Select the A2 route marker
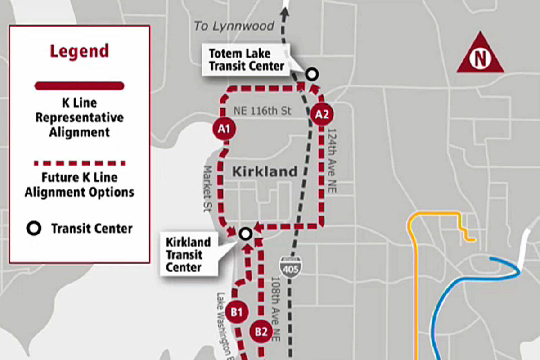click(322, 115)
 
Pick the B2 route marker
click(261, 332)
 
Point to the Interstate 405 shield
click(290, 265)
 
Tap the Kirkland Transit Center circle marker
click(245, 233)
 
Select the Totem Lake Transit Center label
click(246, 60)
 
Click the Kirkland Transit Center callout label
click(189, 255)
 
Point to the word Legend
click(79, 51)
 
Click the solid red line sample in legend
click(79, 86)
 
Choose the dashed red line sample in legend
click(79, 163)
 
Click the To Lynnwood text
click(234, 26)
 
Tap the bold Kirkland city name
click(265, 171)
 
